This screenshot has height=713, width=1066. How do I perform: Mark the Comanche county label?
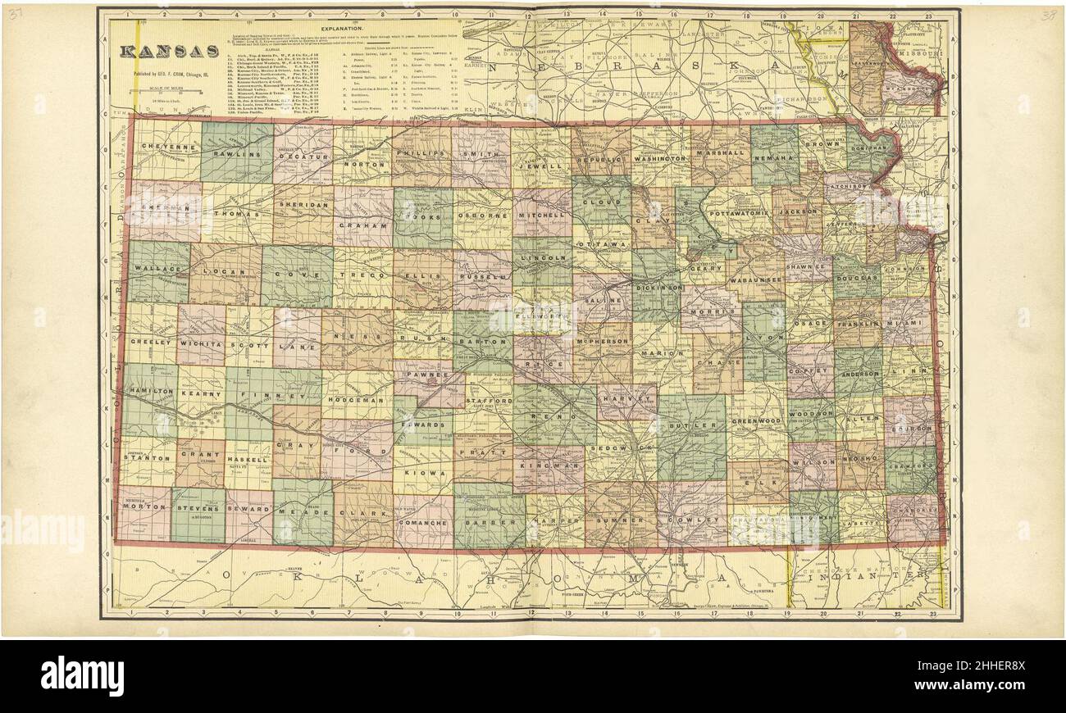pos(423,521)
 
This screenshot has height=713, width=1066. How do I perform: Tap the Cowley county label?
pos(690,520)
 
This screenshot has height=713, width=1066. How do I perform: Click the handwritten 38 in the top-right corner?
pos(1048,15)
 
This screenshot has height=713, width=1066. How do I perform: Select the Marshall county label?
pos(719,153)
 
